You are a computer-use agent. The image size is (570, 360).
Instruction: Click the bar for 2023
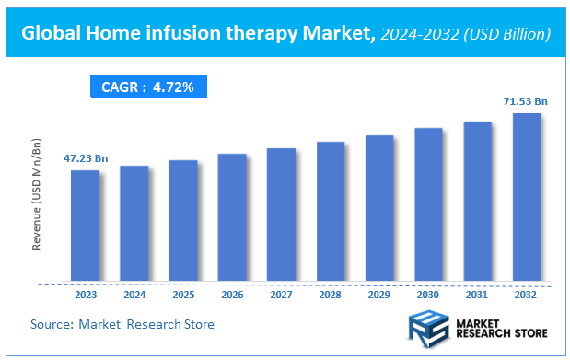pyautogui.click(x=85, y=226)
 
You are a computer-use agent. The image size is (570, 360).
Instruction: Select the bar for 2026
pyautogui.click(x=232, y=217)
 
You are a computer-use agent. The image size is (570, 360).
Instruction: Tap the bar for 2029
pyautogui.click(x=379, y=208)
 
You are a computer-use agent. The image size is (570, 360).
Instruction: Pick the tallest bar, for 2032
pyautogui.click(x=527, y=197)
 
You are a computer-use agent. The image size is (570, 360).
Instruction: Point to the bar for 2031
pyautogui.click(x=477, y=201)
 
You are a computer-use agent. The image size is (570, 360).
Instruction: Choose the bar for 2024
pyautogui.click(x=134, y=223)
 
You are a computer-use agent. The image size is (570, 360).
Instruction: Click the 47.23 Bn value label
pyautogui.click(x=86, y=159)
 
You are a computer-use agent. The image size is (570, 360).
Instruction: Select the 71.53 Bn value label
pyautogui.click(x=526, y=101)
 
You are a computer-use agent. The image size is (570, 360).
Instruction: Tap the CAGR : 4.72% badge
pyautogui.click(x=148, y=87)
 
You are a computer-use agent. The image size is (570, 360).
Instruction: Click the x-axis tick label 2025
pyautogui.click(x=183, y=296)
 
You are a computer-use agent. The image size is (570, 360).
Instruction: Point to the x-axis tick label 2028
pyautogui.click(x=331, y=296)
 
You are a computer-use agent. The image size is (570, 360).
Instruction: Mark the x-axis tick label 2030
pyautogui.click(x=428, y=296)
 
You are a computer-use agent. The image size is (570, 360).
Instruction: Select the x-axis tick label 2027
pyautogui.click(x=281, y=296)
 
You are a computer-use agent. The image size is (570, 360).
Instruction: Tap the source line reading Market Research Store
pyautogui.click(x=122, y=324)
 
